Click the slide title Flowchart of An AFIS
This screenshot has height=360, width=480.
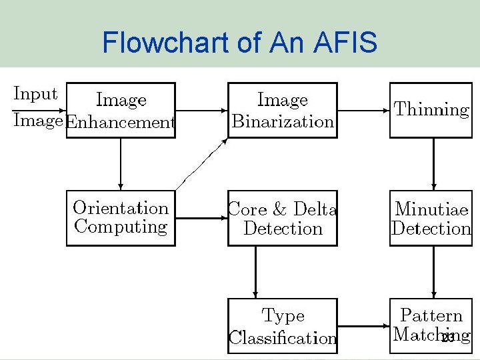[x=239, y=43]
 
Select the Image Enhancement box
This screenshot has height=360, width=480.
[x=121, y=111]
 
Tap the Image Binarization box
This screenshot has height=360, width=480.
[x=283, y=111]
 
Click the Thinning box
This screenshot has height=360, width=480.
[x=431, y=111]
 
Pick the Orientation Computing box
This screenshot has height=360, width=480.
[x=121, y=218]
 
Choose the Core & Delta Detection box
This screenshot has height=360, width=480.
[x=283, y=219]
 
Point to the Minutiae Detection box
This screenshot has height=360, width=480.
[x=431, y=219]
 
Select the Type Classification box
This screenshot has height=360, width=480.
[x=283, y=326]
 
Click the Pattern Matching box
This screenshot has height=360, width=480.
[x=431, y=326]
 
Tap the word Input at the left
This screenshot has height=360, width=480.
[x=35, y=94]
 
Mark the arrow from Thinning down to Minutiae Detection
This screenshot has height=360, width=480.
[x=434, y=164]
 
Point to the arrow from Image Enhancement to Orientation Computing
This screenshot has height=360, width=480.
[x=121, y=164]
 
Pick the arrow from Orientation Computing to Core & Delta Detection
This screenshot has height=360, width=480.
[x=201, y=218]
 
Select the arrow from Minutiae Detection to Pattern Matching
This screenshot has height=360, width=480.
[x=434, y=272]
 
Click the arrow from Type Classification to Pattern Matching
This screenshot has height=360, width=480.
[x=363, y=326]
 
